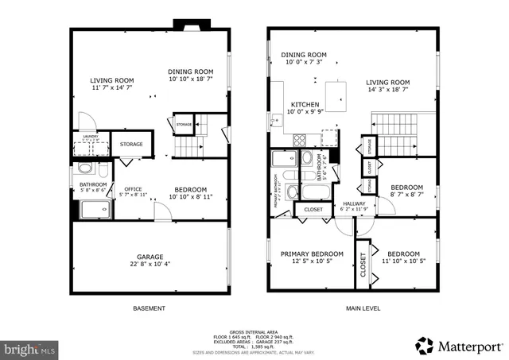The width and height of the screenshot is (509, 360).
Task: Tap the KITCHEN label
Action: [305, 105]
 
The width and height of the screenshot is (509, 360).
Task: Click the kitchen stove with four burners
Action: [303, 140]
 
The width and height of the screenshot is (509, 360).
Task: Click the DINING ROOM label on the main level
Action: [304, 55]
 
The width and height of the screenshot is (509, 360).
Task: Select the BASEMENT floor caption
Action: [149, 308]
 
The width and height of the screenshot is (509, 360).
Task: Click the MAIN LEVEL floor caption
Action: [353, 308]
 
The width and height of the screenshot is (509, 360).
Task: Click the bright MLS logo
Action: [29, 348]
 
